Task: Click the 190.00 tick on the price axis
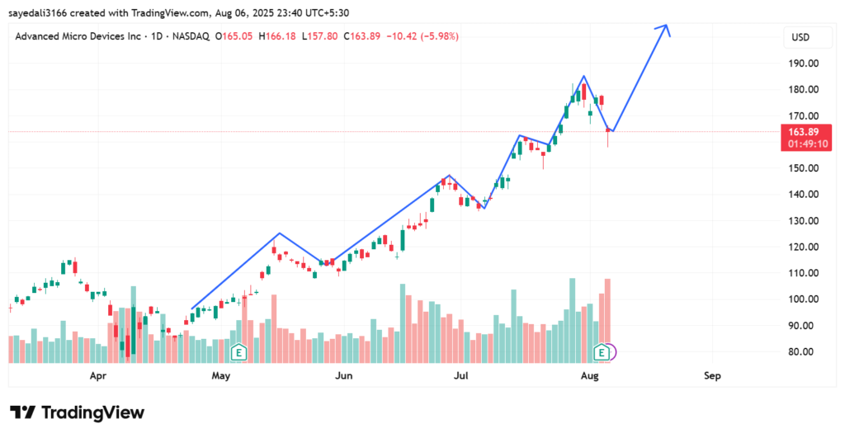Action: pyautogui.click(x=802, y=64)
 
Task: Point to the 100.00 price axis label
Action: pyautogui.click(x=802, y=299)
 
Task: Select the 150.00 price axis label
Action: pyautogui.click(x=802, y=168)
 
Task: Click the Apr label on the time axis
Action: pyautogui.click(x=98, y=376)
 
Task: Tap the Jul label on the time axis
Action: pyautogui.click(x=462, y=376)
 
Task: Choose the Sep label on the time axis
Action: pyautogui.click(x=712, y=376)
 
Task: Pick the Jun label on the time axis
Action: pyautogui.click(x=344, y=376)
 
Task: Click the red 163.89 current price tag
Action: pyautogui.click(x=805, y=132)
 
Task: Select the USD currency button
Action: pyautogui.click(x=800, y=37)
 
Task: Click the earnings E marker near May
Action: pyautogui.click(x=239, y=353)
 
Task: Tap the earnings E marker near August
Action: pyautogui.click(x=603, y=353)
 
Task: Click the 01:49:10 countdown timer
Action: pyautogui.click(x=805, y=144)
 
